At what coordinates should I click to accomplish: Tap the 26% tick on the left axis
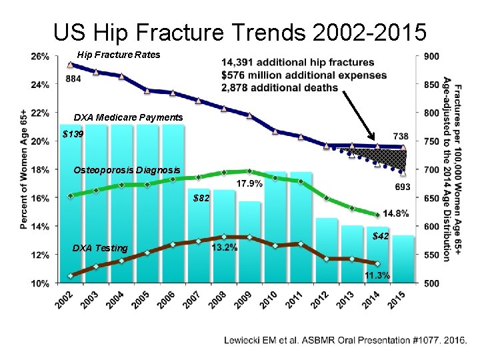[39, 57]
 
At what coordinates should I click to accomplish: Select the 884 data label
[75, 78]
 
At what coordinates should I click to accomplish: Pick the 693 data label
[403, 187]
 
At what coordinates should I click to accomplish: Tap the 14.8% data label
[396, 213]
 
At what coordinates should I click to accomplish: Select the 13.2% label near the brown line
[224, 248]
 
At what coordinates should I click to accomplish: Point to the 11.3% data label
[377, 275]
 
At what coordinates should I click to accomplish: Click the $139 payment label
[73, 135]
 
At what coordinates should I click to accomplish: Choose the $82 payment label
[201, 198]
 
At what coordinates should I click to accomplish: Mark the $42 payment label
[381, 236]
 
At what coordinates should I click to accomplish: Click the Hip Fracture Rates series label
[119, 55]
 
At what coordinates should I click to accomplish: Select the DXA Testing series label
[100, 248]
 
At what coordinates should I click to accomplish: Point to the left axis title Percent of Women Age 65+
[25, 169]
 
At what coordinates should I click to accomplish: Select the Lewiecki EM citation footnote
[345, 340]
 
